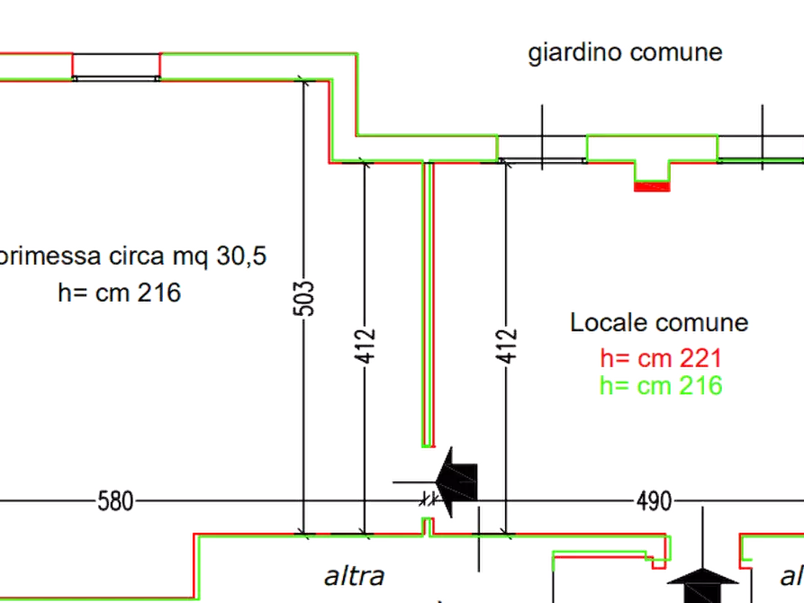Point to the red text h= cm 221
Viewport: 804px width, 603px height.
click(661, 359)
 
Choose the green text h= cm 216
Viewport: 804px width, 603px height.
click(661, 386)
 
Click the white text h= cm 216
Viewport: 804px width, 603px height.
click(117, 292)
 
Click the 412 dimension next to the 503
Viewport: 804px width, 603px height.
click(366, 345)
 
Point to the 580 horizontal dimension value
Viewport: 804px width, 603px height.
click(116, 501)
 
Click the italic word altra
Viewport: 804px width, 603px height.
click(356, 575)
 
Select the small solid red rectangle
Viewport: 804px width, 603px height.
click(651, 187)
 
